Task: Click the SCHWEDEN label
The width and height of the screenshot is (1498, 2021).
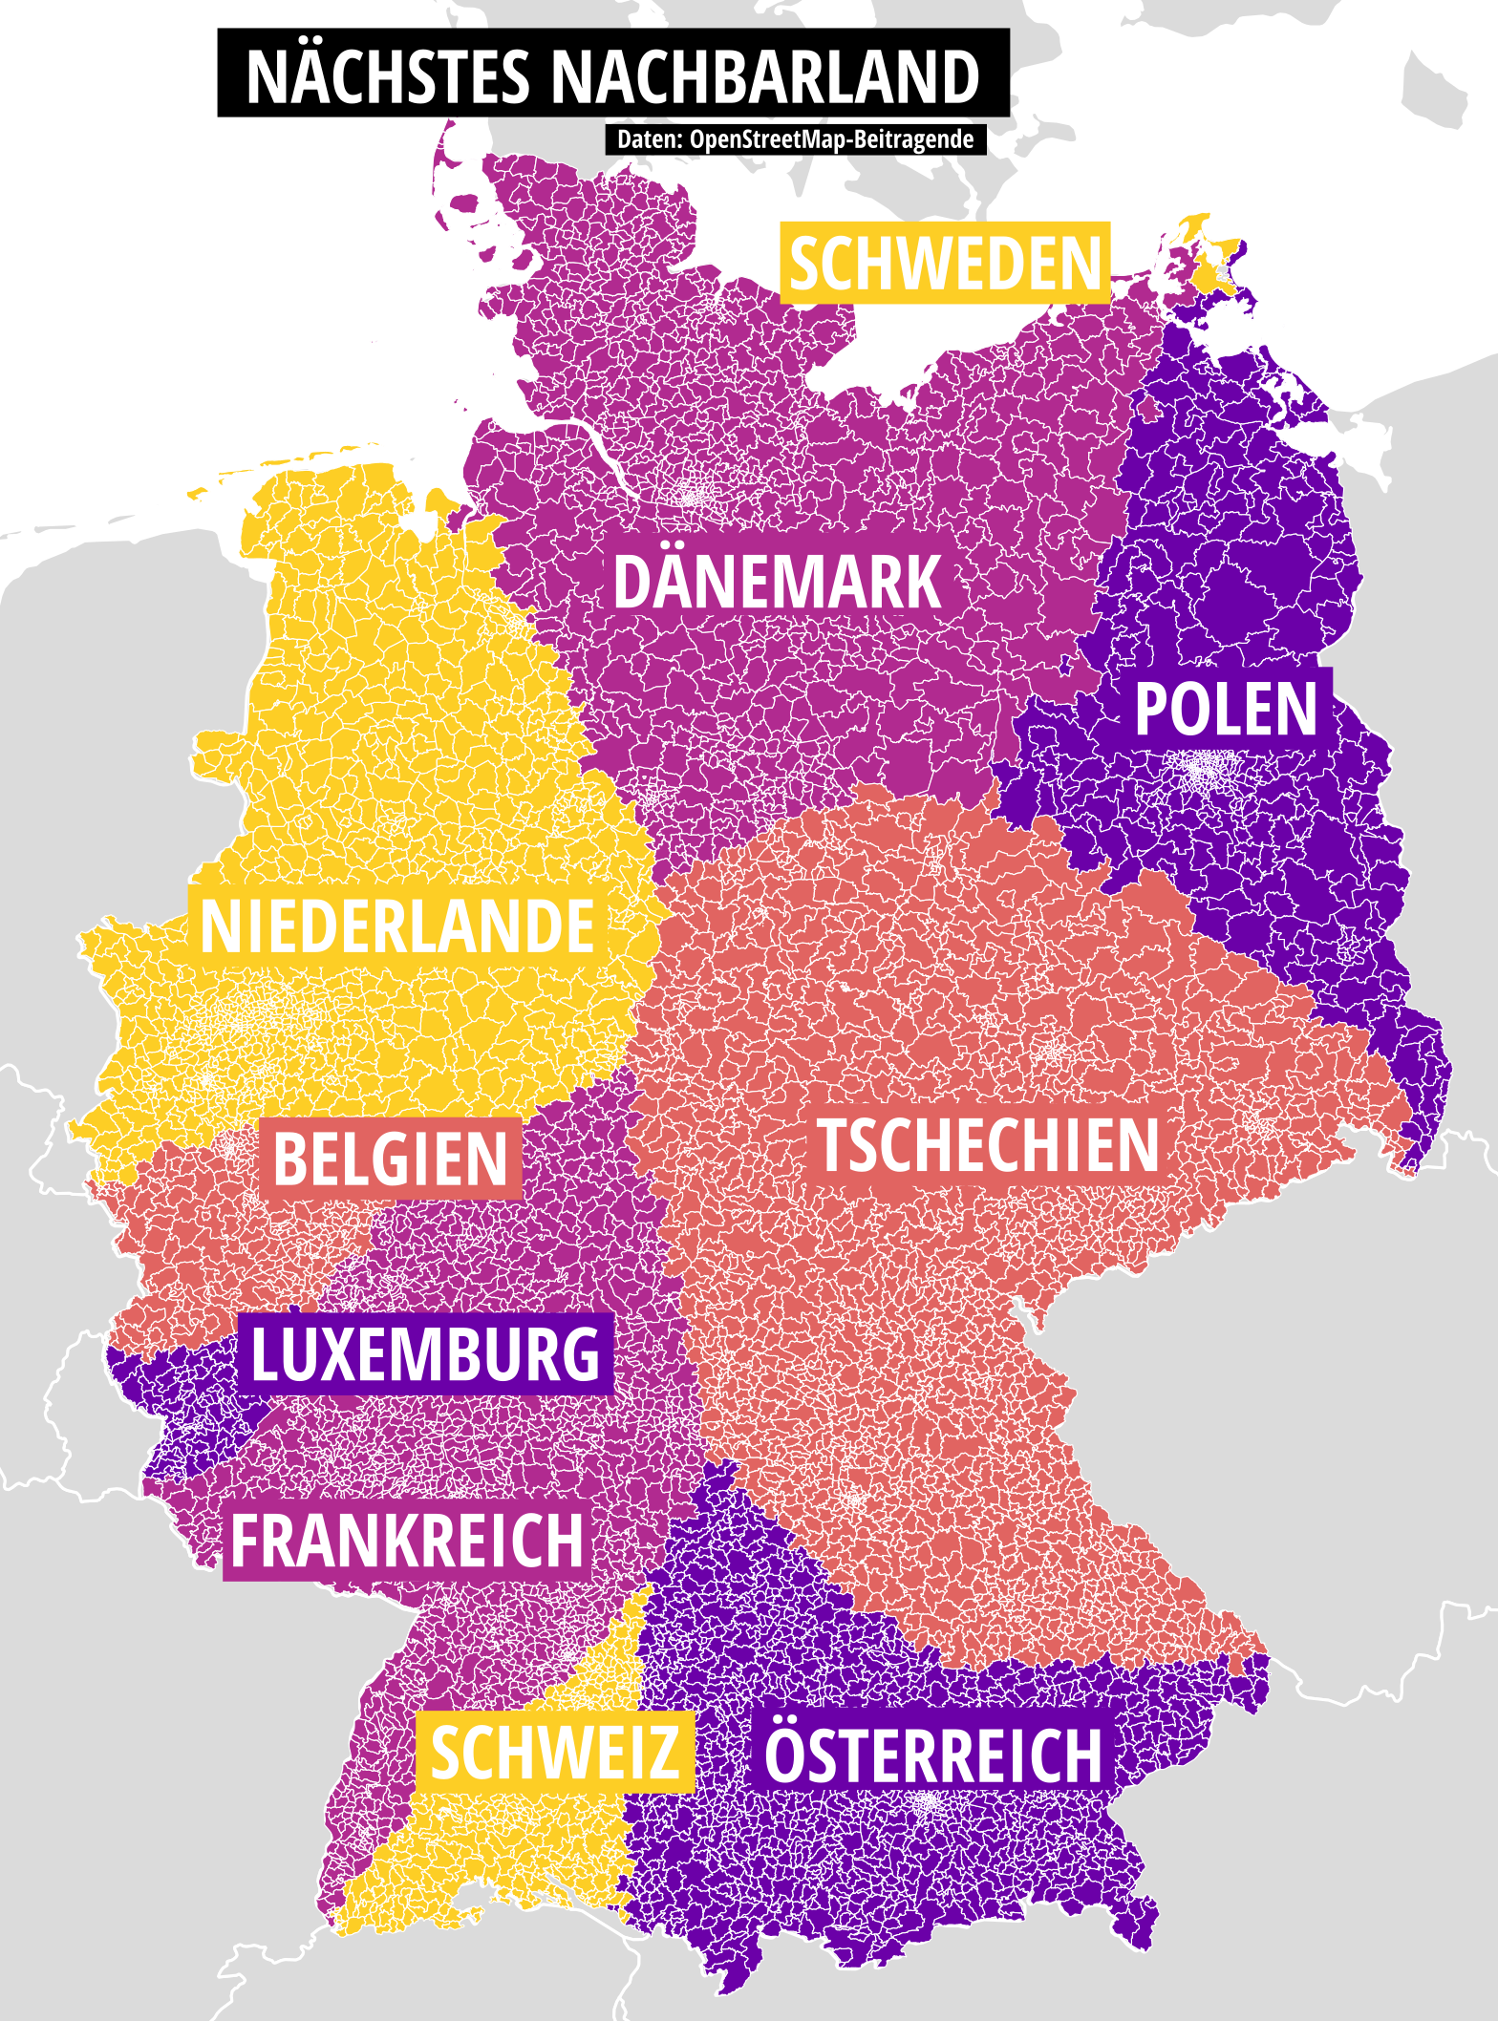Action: [945, 264]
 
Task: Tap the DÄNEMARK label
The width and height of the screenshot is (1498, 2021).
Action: [777, 582]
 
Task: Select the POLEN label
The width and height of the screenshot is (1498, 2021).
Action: [1226, 709]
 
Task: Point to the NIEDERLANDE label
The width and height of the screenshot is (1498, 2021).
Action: [397, 926]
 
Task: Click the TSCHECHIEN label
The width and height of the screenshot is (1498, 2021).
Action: [988, 1145]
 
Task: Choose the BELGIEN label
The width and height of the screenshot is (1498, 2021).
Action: [391, 1159]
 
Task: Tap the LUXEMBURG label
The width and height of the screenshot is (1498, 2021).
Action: [425, 1353]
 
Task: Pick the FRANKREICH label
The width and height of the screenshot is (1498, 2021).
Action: [407, 1541]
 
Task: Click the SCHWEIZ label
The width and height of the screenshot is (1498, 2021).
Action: [554, 1753]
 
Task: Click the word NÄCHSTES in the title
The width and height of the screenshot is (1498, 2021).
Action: [387, 76]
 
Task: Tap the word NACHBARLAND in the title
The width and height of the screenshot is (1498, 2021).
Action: [766, 76]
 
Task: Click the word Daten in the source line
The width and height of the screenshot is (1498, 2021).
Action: [646, 139]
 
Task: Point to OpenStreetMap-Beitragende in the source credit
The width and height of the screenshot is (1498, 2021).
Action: [831, 139]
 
